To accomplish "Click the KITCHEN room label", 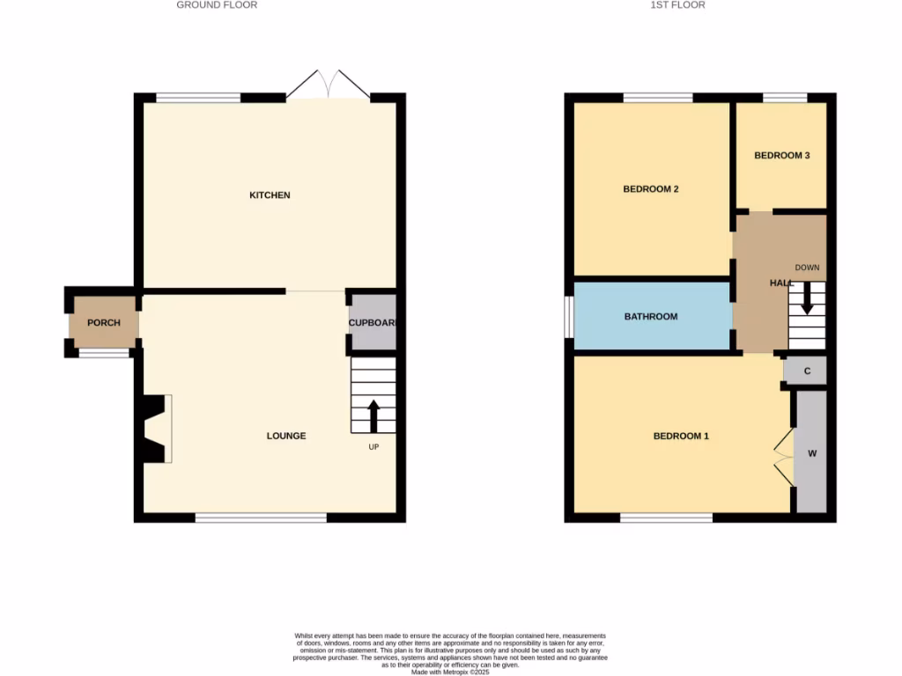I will coord(270,195).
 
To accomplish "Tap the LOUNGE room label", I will coord(287,436).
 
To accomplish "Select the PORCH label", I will coord(104,323).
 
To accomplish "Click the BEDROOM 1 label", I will coord(681,437).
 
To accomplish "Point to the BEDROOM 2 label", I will coord(651,189).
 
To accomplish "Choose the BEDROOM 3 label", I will coord(781,156).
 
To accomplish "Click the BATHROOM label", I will coord(651,316).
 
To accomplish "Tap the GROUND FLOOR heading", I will coord(217,5).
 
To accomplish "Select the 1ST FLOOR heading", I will coord(677,5).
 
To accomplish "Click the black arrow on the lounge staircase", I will coord(373,415).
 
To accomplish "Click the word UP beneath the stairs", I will coord(374,447).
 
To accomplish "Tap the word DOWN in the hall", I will coord(807,268).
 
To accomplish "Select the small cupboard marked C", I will coord(807,371).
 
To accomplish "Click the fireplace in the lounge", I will coord(155,429).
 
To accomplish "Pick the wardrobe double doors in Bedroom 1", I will coord(783,456).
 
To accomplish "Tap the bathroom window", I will coord(569,316).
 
